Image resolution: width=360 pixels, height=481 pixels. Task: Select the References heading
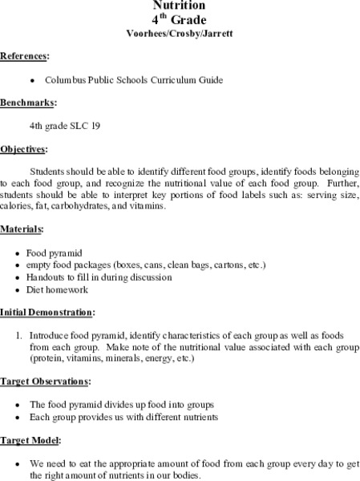click(x=24, y=57)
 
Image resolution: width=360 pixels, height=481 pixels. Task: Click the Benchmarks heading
click(x=26, y=103)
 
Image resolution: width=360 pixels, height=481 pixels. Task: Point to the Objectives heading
click(x=24, y=149)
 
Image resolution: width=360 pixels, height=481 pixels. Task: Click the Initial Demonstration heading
click(x=47, y=311)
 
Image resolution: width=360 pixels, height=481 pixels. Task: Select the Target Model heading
click(x=30, y=440)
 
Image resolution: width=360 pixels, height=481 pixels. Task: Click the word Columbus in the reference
click(x=67, y=80)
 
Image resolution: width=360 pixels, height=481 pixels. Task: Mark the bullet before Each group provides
click(x=17, y=417)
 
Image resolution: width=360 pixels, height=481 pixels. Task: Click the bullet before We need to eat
click(x=17, y=463)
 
